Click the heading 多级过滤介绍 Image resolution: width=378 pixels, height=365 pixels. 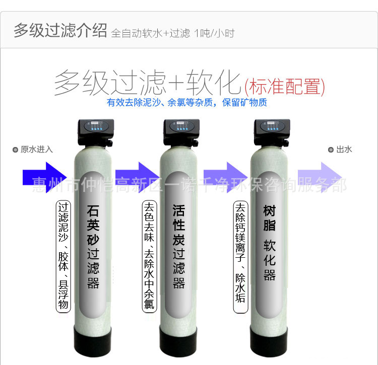(60, 30)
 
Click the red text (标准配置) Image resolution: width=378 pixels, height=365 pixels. (285, 87)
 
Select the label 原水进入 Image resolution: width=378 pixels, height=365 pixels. (37, 150)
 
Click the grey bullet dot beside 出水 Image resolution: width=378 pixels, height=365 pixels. (331, 150)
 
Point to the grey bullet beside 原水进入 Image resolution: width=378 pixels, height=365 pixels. (15, 150)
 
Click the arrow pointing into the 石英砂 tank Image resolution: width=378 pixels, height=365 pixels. (44, 177)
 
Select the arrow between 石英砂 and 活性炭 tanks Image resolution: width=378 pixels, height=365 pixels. (137, 177)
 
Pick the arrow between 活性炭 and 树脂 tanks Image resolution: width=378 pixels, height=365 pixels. (225, 177)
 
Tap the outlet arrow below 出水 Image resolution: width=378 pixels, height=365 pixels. (320, 177)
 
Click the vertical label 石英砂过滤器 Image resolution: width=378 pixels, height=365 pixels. (93, 247)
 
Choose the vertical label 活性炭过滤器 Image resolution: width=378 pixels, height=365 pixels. (178, 247)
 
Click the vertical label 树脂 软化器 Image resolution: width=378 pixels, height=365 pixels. (269, 243)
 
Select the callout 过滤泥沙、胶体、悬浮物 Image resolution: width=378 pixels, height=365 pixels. (63, 256)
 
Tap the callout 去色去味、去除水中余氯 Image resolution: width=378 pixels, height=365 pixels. (149, 256)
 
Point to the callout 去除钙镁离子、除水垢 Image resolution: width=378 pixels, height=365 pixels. (240, 257)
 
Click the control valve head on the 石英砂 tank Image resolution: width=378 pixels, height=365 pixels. (96, 133)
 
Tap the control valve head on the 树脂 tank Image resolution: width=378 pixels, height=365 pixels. (272, 133)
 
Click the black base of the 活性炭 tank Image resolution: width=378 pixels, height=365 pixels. (178, 341)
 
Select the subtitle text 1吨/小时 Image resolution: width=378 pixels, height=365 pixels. (214, 33)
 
